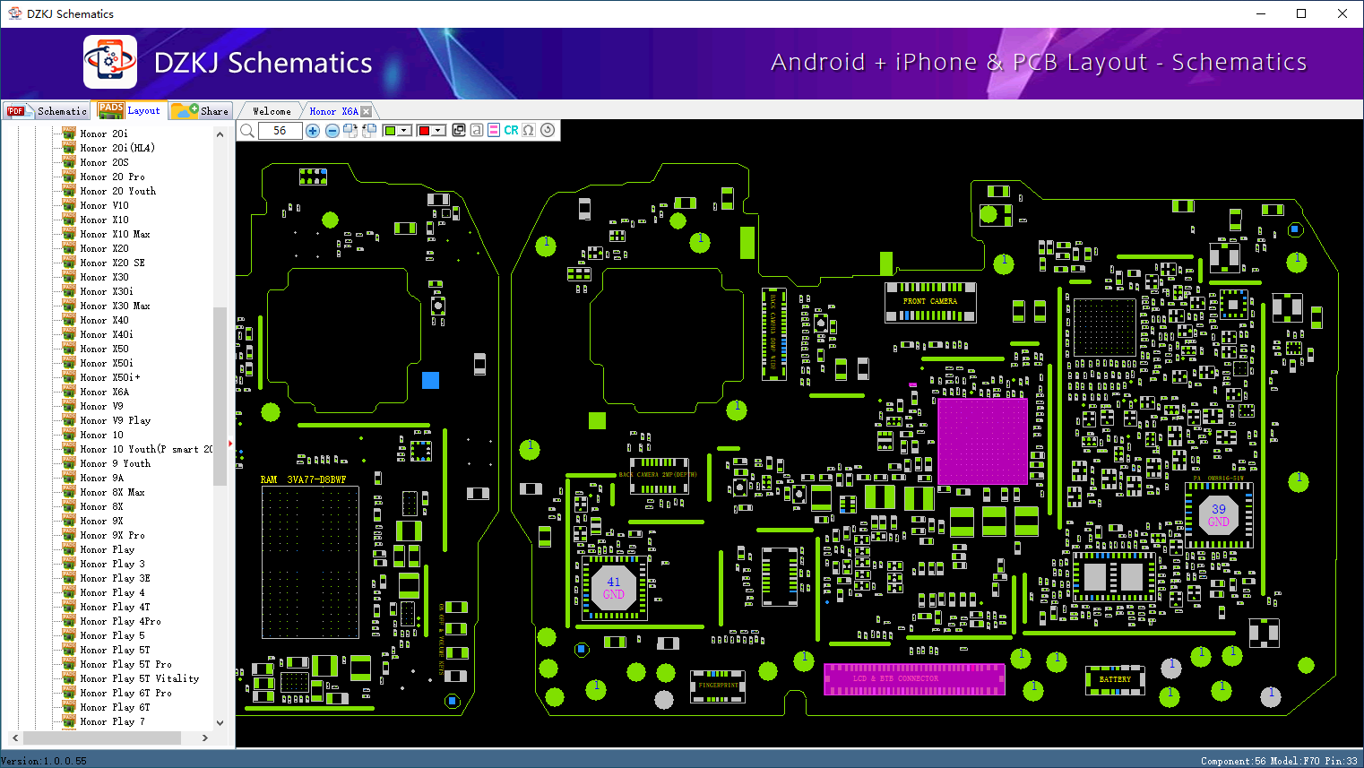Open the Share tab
[202, 111]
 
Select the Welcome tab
[272, 111]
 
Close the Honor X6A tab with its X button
[366, 111]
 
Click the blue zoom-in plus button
[313, 131]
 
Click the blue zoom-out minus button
[332, 131]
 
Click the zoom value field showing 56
[280, 131]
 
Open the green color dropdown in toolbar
[404, 131]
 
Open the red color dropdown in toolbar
[438, 131]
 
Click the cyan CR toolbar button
[511, 131]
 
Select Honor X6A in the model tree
[104, 392]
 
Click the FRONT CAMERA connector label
[929, 301]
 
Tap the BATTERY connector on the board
[1115, 679]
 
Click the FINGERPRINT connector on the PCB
[718, 686]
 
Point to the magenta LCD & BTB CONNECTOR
[913, 679]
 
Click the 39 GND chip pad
[1218, 515]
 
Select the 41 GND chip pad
[614, 588]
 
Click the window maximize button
[1301, 13]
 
